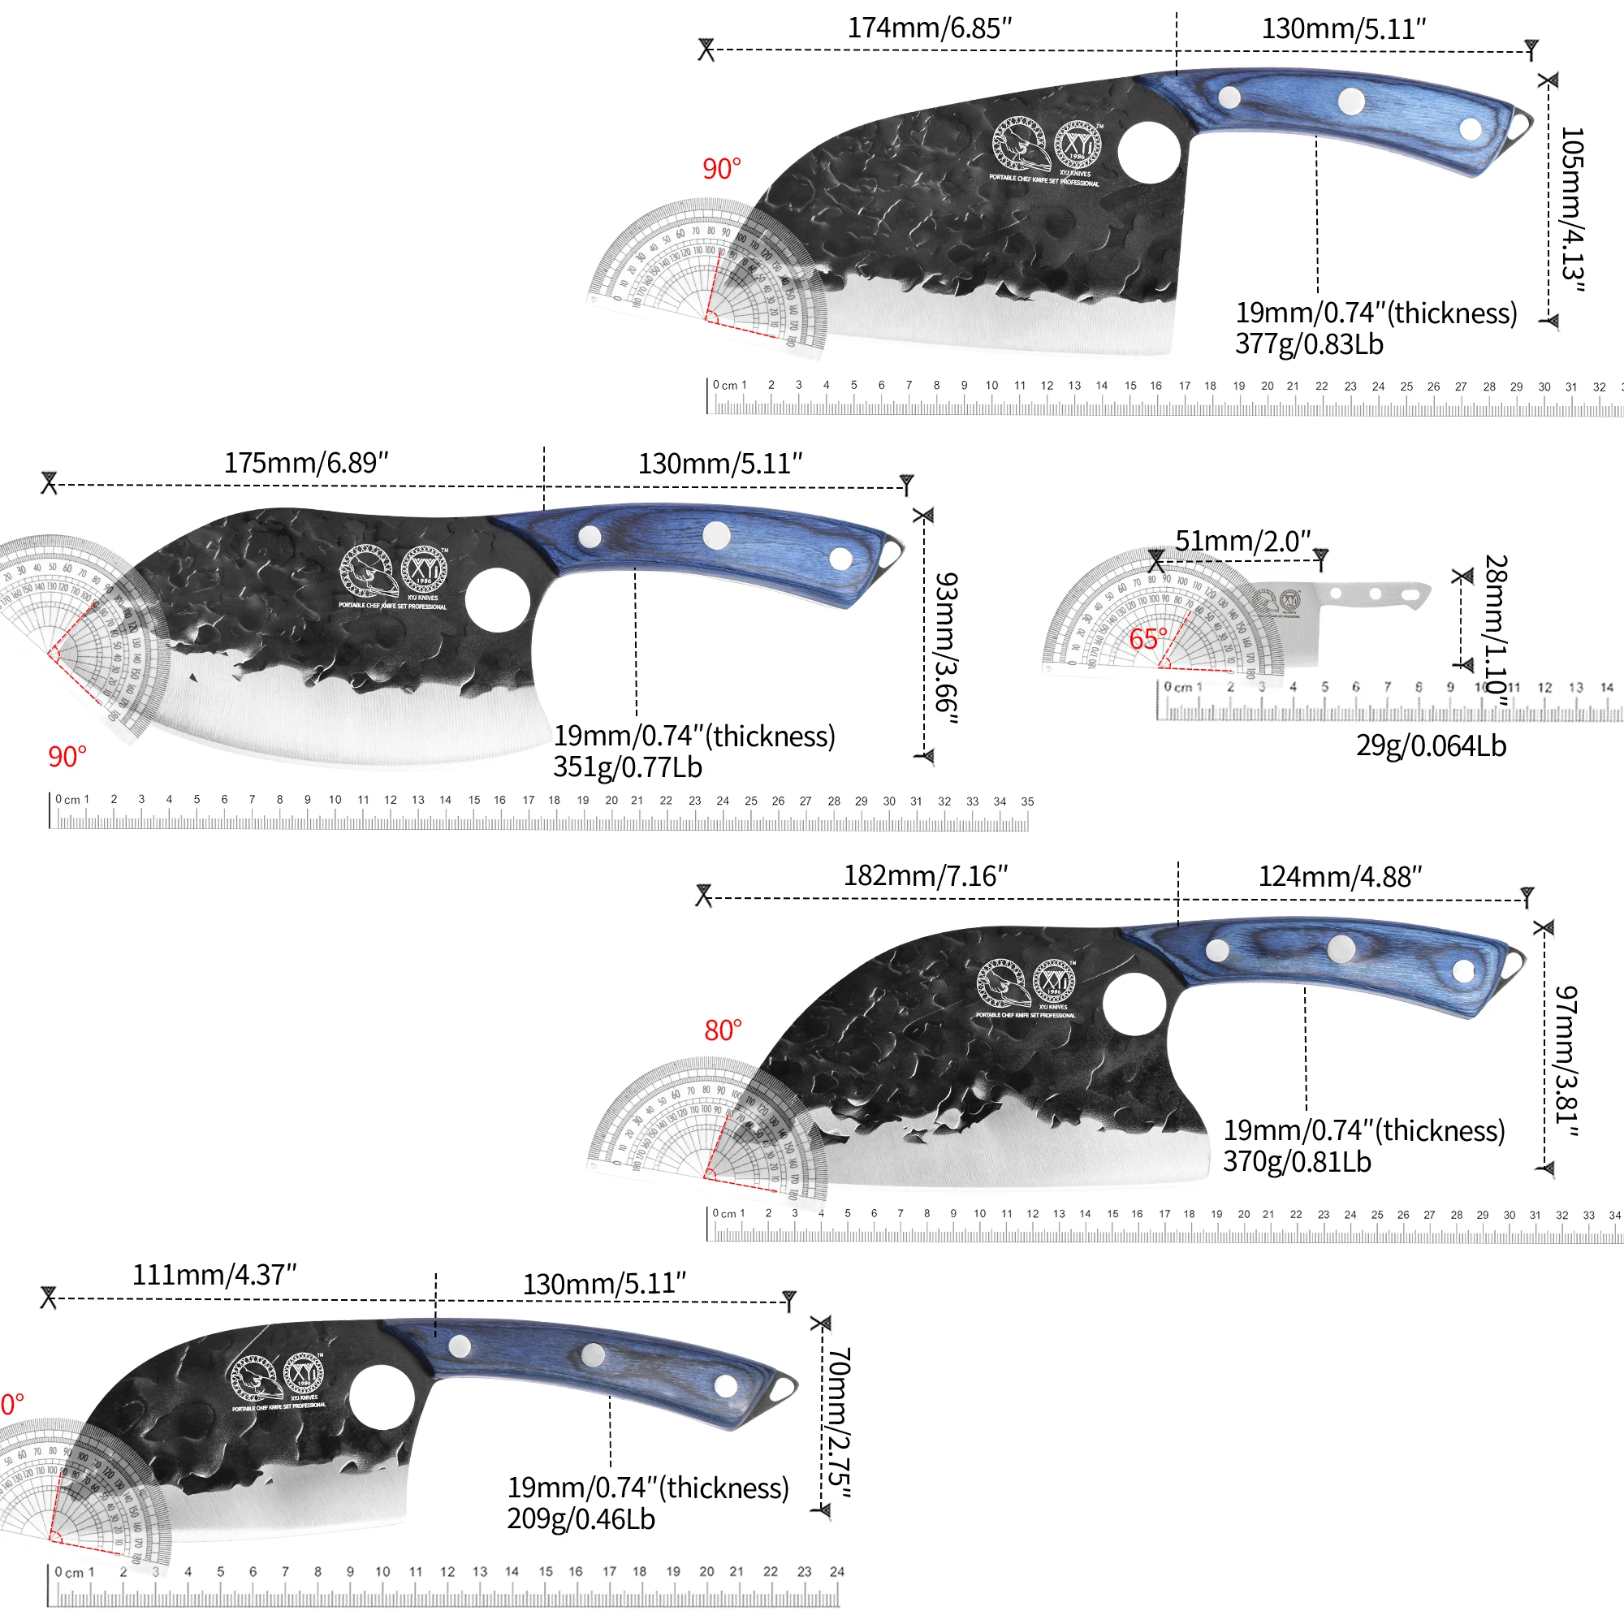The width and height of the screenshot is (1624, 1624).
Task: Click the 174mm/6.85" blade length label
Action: tap(929, 28)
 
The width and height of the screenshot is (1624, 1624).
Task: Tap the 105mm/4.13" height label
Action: tap(1571, 209)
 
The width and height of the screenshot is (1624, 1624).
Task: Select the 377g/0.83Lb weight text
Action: tap(1309, 343)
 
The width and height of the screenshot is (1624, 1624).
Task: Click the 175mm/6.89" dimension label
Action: tap(306, 462)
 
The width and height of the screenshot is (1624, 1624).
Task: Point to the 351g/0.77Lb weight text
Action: tap(627, 767)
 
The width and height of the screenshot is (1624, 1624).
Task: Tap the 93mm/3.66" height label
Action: tap(947, 647)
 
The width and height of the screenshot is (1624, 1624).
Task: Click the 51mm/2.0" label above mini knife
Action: tap(1242, 541)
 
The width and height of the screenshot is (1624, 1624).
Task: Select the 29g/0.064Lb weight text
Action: tap(1431, 745)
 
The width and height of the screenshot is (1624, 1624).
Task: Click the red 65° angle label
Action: tap(1147, 638)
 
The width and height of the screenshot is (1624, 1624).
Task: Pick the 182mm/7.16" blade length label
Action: tap(926, 876)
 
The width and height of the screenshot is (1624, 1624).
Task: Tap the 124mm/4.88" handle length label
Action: tap(1340, 877)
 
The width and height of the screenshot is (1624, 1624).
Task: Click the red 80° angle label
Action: tap(723, 1030)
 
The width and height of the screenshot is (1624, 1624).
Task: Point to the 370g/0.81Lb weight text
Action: tap(1297, 1162)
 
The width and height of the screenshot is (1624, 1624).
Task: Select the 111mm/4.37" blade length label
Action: tap(214, 1275)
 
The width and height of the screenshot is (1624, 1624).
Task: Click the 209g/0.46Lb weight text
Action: tap(581, 1519)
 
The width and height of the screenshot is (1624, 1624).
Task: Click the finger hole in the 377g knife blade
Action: tap(1149, 152)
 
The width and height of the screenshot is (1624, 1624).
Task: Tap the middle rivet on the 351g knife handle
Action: tap(716, 535)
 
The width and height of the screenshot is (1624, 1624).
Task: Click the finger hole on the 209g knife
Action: tap(381, 1397)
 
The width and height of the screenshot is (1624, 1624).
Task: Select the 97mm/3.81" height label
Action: tap(1566, 1060)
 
